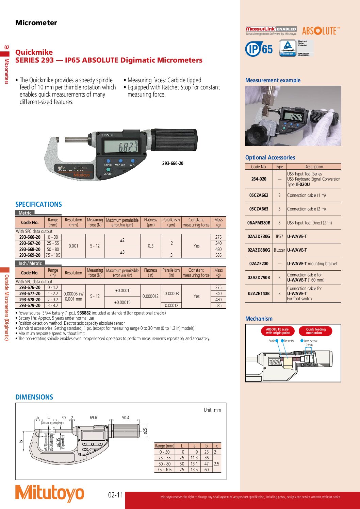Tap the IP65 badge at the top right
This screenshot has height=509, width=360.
[x=259, y=49]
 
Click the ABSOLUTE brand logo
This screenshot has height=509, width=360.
[x=321, y=31]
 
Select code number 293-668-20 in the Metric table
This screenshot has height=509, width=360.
[x=30, y=249]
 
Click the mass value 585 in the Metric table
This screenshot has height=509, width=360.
[x=218, y=255]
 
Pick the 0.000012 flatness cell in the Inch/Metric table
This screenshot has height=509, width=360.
[x=150, y=296]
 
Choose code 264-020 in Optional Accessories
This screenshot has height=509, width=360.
[x=259, y=179]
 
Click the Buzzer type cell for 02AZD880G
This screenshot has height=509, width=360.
[x=279, y=250]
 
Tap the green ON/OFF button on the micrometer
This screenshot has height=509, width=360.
[x=108, y=169]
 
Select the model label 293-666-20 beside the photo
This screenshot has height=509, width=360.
[x=173, y=164]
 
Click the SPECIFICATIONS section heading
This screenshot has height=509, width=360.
[x=38, y=204]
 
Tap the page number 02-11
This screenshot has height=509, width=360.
[x=116, y=495]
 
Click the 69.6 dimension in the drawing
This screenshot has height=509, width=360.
[x=93, y=418]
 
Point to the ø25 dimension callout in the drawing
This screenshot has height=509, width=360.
[x=145, y=431]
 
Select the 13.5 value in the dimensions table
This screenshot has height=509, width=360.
[x=194, y=470]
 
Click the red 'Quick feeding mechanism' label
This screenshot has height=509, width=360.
[x=315, y=331]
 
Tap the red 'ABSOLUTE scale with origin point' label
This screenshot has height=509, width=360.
[x=277, y=331]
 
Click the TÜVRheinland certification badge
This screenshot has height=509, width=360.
[x=288, y=48]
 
